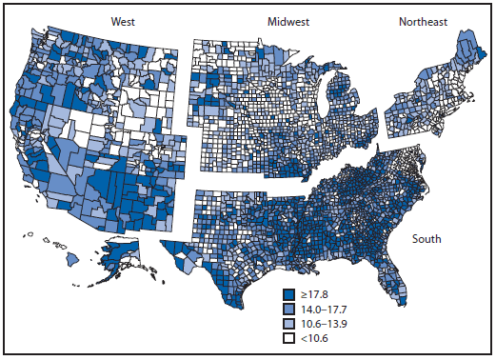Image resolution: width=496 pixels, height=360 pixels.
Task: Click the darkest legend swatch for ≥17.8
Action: pos(289,293)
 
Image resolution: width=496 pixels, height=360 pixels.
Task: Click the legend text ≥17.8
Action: pos(314,293)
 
